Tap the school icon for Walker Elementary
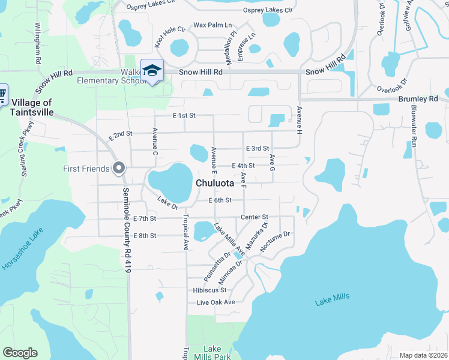(x=152, y=70)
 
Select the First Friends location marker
(x=119, y=169)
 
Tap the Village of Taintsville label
(x=31, y=107)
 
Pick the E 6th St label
(x=220, y=200)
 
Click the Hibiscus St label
(x=209, y=290)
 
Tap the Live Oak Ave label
(x=216, y=302)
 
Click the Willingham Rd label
(x=37, y=44)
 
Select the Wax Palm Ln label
(x=212, y=26)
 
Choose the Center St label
(x=254, y=217)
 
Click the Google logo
(x=20, y=353)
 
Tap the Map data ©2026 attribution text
(x=423, y=355)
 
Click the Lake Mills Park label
(x=217, y=353)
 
